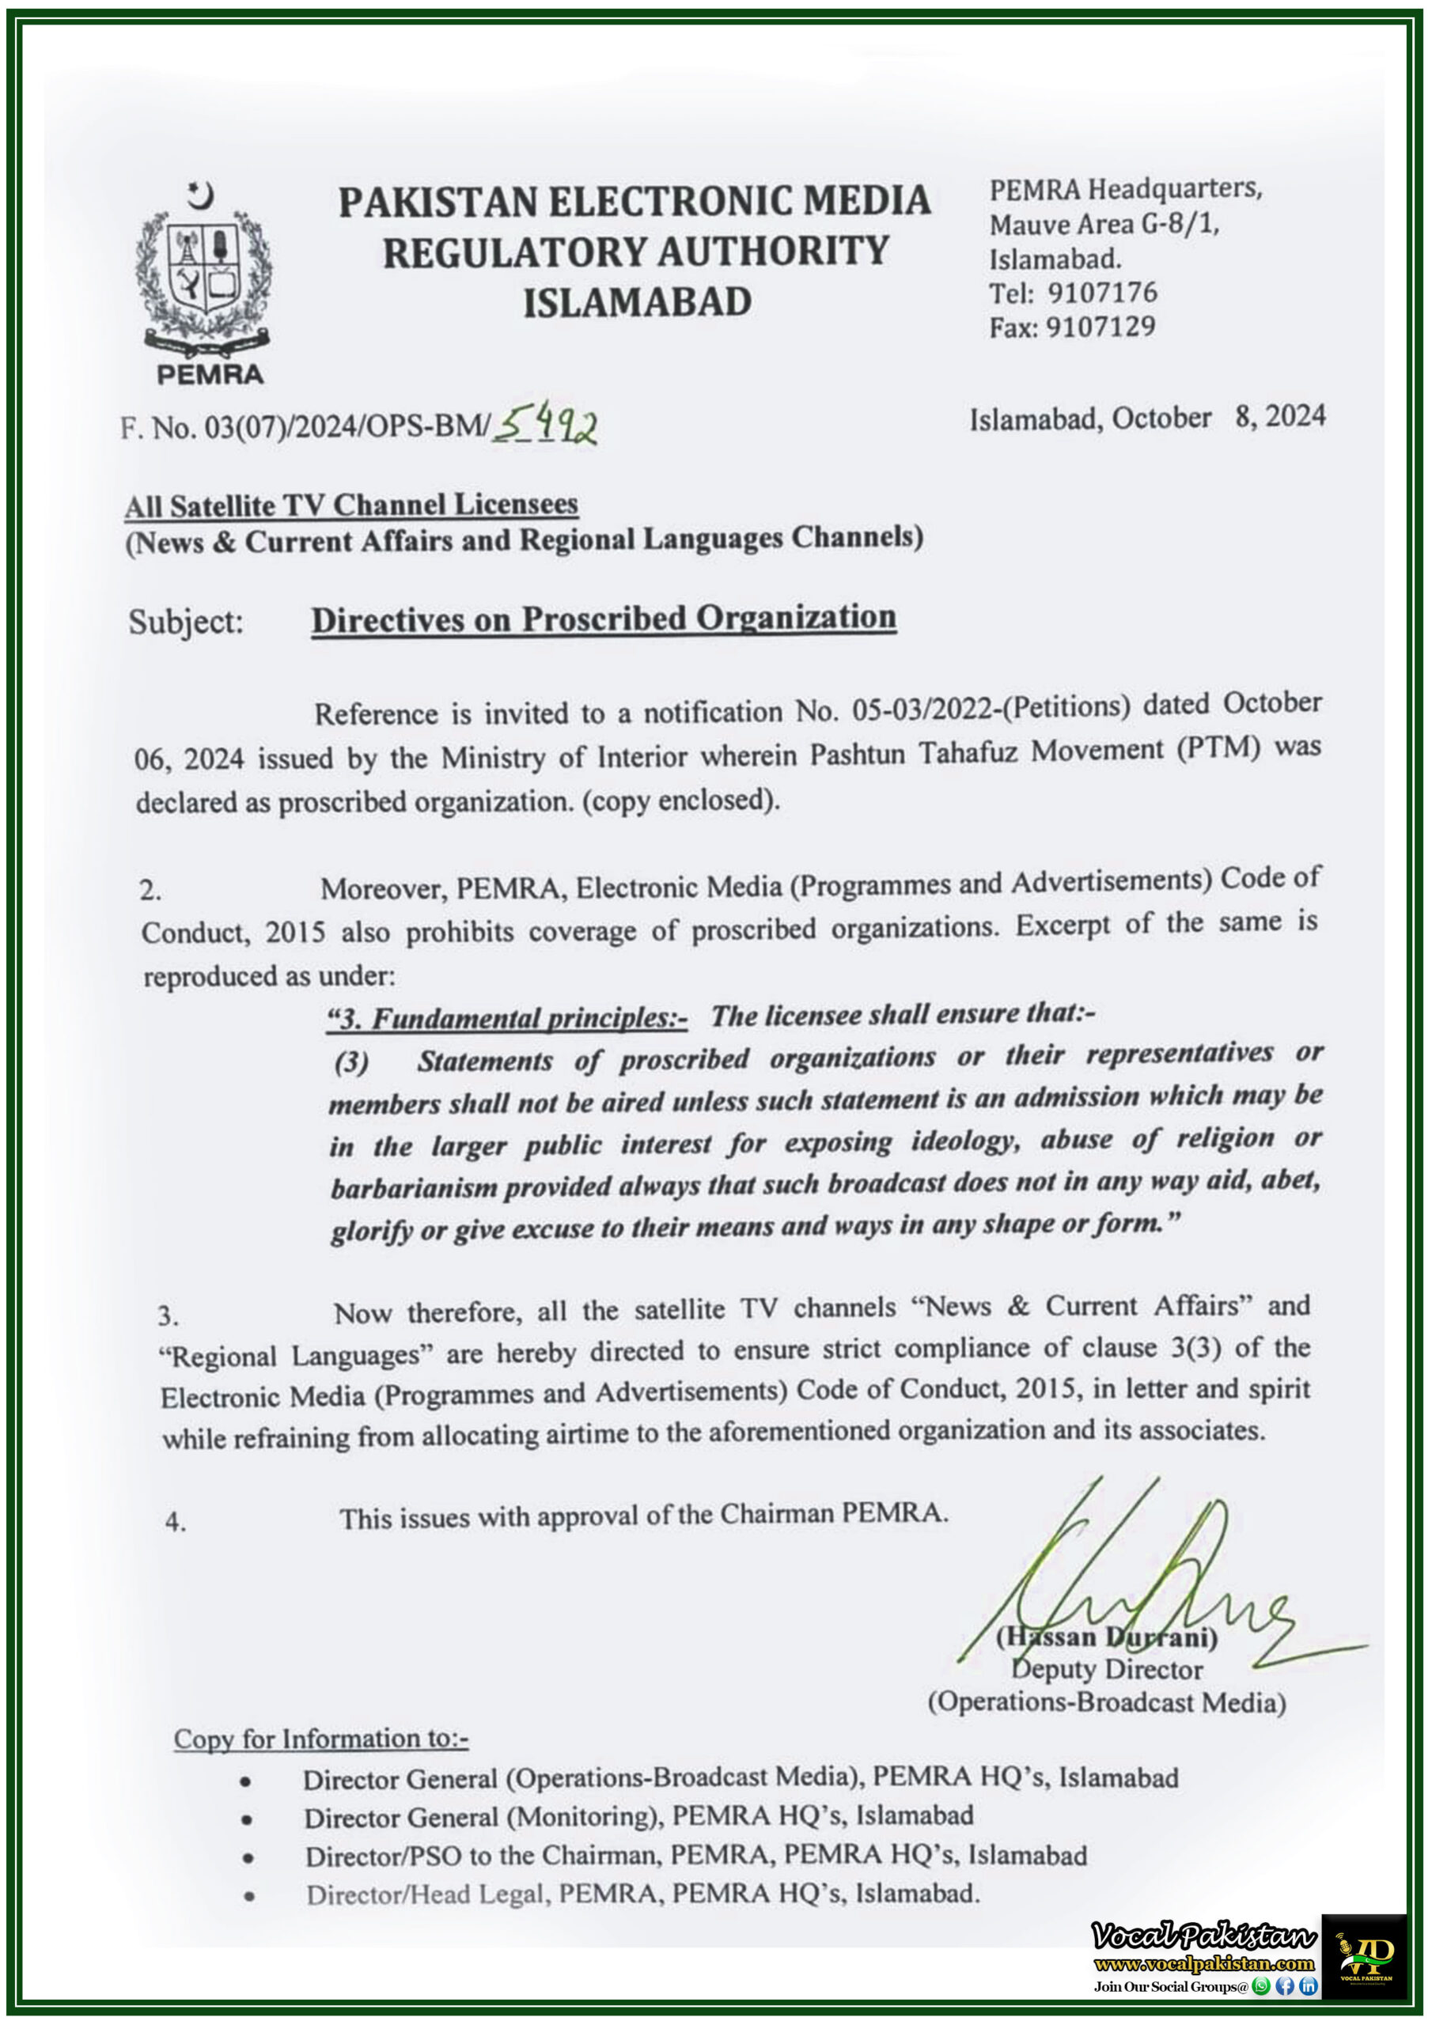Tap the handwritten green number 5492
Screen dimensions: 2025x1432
[x=545, y=428]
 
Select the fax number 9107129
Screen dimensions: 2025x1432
[x=1101, y=327]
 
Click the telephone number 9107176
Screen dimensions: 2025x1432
[x=1102, y=293]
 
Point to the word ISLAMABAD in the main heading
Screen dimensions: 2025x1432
[x=637, y=302]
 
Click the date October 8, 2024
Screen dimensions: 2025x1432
[x=1218, y=416]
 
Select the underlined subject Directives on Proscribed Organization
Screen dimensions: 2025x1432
[x=604, y=619]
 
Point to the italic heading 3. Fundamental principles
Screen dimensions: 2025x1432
[x=507, y=1019]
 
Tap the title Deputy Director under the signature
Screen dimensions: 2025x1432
[x=1106, y=1669]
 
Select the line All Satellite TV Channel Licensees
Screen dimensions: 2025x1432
[x=351, y=505]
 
